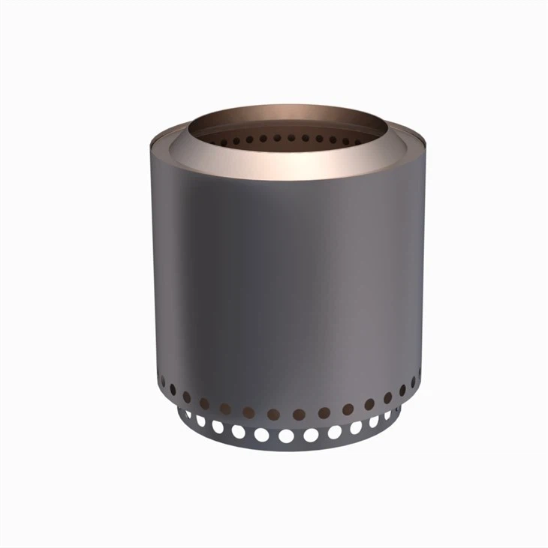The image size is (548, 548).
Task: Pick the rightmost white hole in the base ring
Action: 388,415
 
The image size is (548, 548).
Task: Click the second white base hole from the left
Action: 201,422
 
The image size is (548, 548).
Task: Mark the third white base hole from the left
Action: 218,427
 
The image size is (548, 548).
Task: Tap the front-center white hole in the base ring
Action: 286,436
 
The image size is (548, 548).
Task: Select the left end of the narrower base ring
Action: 179,412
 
